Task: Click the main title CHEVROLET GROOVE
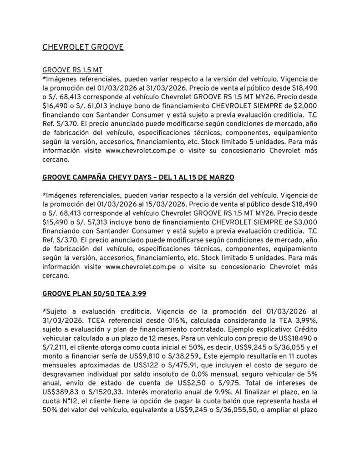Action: pyautogui.click(x=83, y=47)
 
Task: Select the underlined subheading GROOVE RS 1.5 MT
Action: pyautogui.click(x=72, y=71)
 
